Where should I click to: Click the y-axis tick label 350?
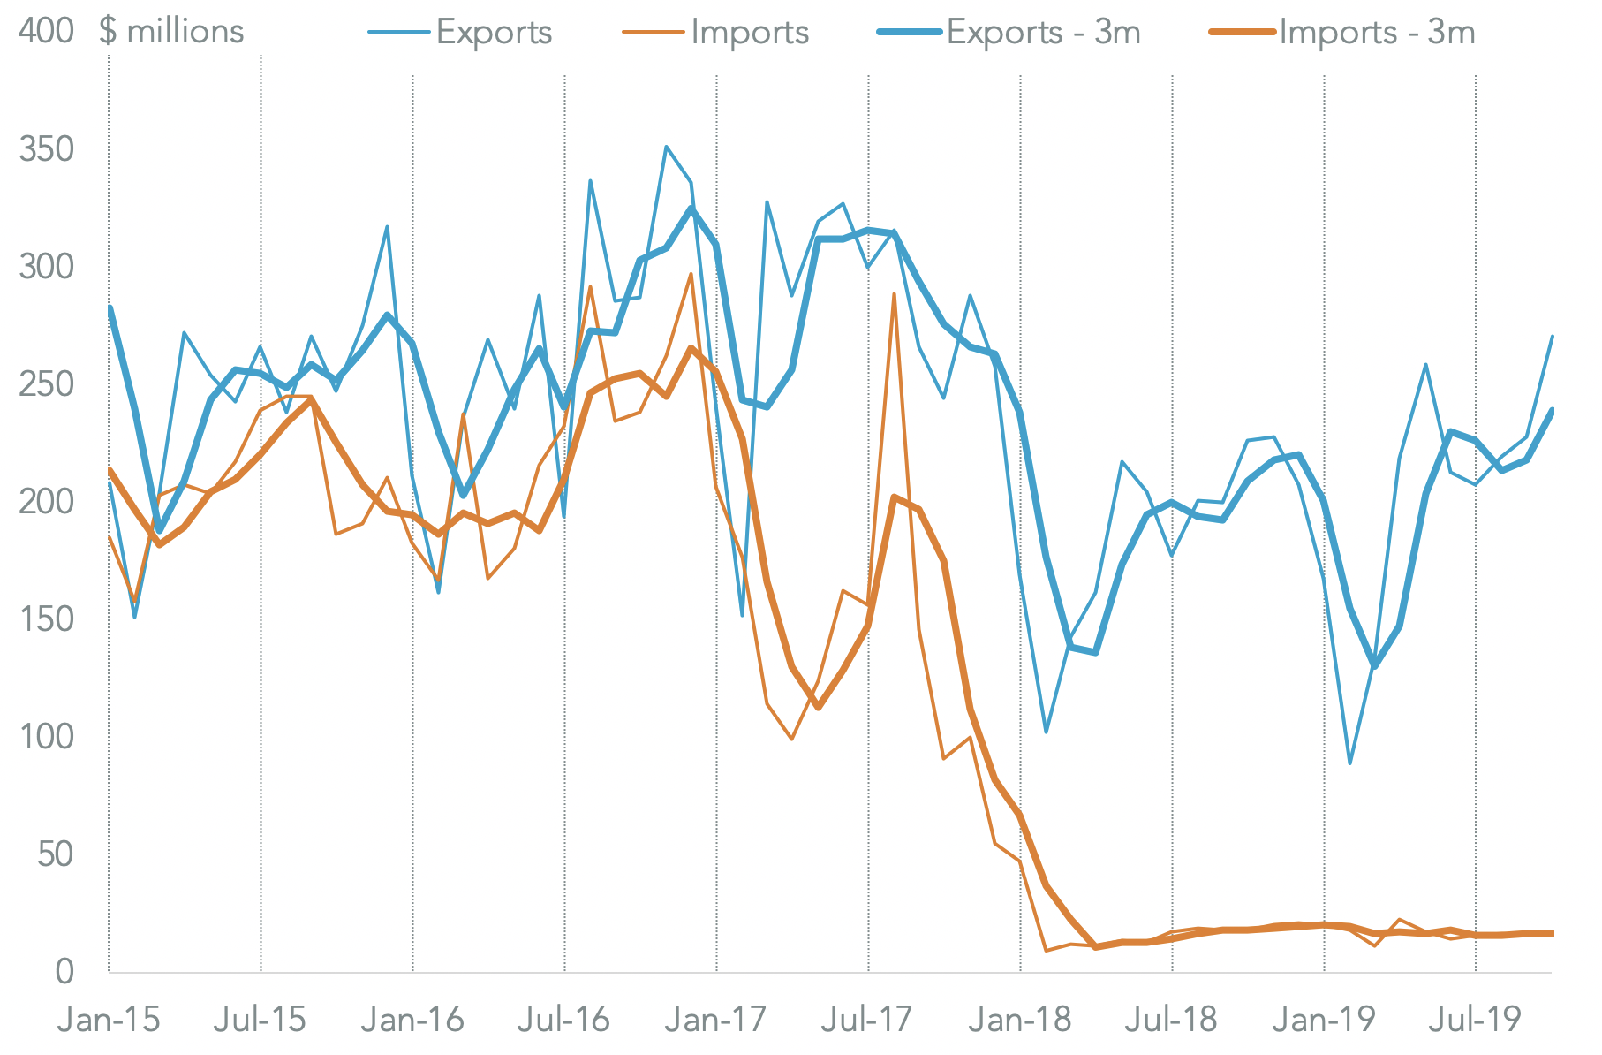click(46, 149)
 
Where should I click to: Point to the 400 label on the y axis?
click(46, 32)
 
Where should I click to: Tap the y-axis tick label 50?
click(55, 854)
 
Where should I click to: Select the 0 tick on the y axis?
click(64, 972)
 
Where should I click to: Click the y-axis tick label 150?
click(46, 619)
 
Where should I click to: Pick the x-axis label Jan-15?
click(109, 1021)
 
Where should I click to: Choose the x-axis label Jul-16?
click(563, 1021)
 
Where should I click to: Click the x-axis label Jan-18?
click(1020, 1021)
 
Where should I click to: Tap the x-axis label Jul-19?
click(1475, 1021)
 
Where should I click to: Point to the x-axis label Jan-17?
click(716, 1021)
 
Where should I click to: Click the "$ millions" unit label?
click(171, 32)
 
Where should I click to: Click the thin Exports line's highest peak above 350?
click(666, 147)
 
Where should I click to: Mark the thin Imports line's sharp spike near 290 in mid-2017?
click(895, 293)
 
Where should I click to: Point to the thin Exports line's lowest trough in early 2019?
click(1350, 763)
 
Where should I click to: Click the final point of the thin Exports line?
click(1553, 337)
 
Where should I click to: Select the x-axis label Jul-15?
click(260, 1021)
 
